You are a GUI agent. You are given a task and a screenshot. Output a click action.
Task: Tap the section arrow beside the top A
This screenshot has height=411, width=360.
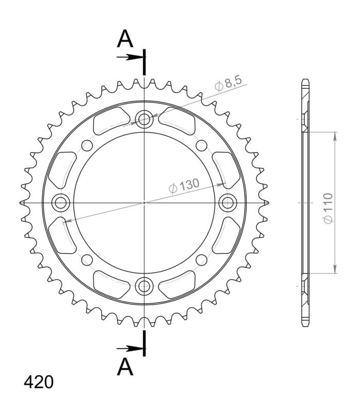tap(130, 57)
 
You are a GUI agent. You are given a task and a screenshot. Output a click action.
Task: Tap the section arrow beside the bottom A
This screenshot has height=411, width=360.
tap(130, 348)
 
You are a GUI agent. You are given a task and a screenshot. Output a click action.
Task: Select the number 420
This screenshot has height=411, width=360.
tap(38, 383)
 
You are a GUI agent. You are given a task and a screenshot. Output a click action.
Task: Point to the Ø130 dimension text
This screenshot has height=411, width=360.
tap(184, 186)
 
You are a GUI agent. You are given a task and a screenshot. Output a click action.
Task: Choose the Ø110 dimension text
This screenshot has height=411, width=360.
tap(328, 208)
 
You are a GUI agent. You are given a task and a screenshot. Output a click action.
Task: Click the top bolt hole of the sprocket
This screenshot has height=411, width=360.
tap(144, 120)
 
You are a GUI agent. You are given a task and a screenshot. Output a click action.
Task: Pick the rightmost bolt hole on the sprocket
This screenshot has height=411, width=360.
tap(226, 202)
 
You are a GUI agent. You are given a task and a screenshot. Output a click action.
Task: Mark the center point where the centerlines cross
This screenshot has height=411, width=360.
tap(144, 202)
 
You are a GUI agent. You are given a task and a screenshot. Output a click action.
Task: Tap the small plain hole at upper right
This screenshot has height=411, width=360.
tap(202, 145)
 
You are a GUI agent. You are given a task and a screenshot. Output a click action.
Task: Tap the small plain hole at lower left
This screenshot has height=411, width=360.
tap(86, 259)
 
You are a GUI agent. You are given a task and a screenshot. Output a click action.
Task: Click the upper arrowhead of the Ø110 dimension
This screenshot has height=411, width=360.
tap(335, 136)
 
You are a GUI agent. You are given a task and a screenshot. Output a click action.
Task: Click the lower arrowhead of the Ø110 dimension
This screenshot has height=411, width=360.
tap(335, 269)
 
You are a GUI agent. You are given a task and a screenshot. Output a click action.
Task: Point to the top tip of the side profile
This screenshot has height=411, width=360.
tap(304, 81)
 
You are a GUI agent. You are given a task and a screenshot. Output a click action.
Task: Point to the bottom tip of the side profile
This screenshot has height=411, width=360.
tap(304, 325)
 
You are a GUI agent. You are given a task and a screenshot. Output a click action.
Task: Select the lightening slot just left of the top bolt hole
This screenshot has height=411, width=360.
tap(110, 121)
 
